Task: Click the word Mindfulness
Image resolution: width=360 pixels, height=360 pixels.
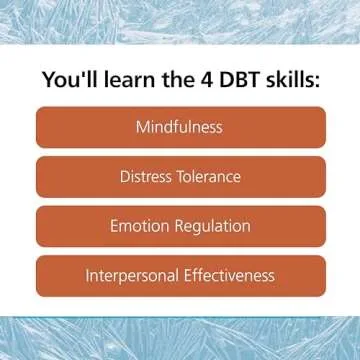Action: pos(180,128)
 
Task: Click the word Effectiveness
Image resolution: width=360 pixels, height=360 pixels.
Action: pos(233,275)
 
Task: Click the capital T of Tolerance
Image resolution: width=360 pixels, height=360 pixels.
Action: pos(183,177)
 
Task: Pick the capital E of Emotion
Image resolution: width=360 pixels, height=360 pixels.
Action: pos(114,226)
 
